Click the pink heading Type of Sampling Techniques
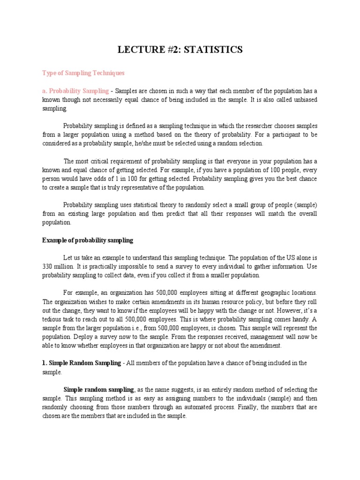(x=83, y=73)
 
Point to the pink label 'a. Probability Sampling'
(x=75, y=91)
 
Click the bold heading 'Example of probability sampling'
(x=88, y=240)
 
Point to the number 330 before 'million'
(x=48, y=266)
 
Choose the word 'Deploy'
(x=82, y=337)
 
